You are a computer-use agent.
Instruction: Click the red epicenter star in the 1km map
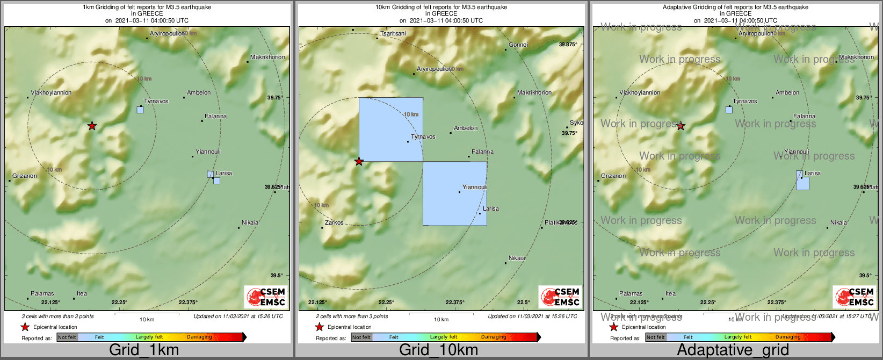(92, 126)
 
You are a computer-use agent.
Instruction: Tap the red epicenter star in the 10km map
(359, 161)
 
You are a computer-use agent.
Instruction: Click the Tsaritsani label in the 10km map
(393, 33)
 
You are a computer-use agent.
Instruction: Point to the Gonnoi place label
(518, 45)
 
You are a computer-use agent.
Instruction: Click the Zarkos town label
(334, 222)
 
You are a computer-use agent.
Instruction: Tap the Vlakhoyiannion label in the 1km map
(51, 92)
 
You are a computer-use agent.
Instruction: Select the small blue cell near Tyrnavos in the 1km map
(140, 110)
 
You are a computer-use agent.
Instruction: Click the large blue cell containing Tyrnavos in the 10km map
(390, 129)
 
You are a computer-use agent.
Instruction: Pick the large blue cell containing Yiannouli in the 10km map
(455, 193)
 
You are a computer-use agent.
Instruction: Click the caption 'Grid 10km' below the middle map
(438, 350)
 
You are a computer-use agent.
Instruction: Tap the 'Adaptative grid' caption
(733, 350)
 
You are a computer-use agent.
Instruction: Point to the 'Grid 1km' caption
(144, 350)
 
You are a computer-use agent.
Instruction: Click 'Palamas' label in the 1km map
(42, 293)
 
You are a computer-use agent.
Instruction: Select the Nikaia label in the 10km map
(517, 258)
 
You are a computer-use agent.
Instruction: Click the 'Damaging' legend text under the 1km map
(199, 337)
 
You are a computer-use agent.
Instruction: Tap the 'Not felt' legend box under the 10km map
(361, 337)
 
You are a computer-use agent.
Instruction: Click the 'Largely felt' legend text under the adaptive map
(738, 337)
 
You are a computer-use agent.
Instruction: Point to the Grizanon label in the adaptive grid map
(613, 176)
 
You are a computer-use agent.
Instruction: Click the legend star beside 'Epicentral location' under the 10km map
(319, 327)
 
